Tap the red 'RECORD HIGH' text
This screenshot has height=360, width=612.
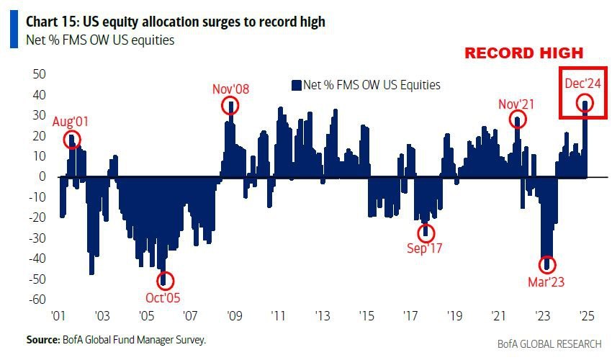pos(523,54)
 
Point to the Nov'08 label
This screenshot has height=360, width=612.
pos(231,89)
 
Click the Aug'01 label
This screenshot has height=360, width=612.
pos(71,121)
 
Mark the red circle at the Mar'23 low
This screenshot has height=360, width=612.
pos(547,264)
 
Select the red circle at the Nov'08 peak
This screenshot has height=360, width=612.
pos(230,106)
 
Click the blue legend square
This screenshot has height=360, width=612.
pos(295,85)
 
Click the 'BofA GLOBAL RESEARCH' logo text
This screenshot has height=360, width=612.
pos(549,344)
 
